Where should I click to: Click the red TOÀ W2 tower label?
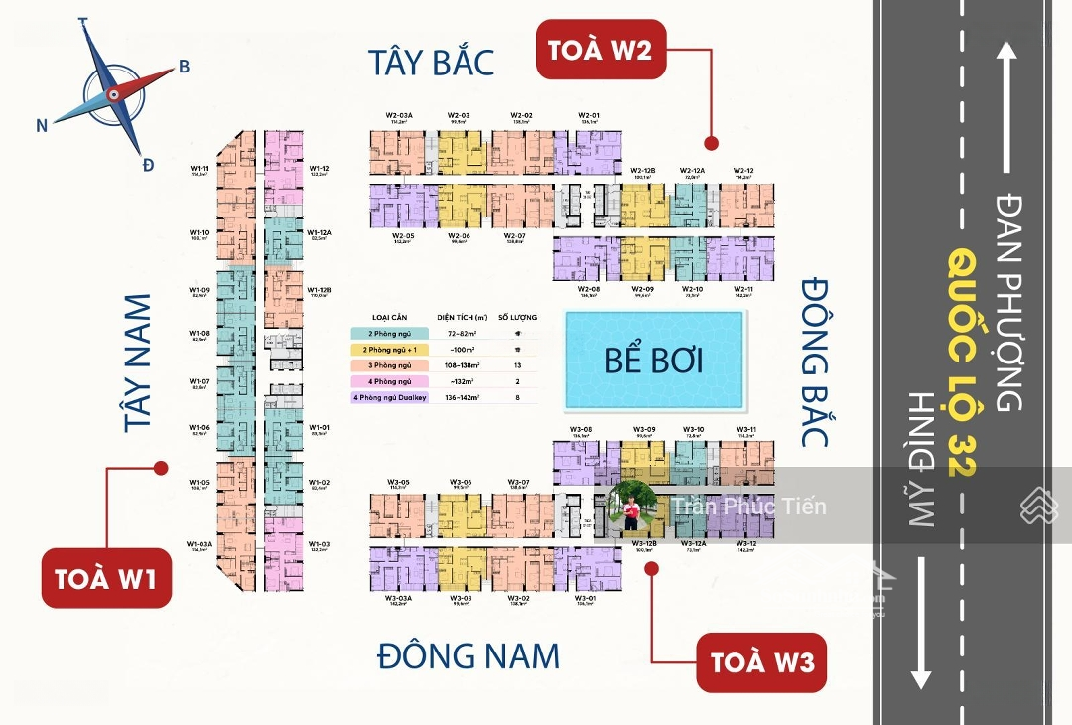[600, 49]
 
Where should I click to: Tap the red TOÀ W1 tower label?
[106, 578]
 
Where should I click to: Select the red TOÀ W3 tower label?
[761, 662]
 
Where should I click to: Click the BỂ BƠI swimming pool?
[654, 360]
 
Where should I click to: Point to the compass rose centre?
[113, 95]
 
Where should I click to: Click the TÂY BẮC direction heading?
[431, 62]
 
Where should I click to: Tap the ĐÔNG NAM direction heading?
[469, 656]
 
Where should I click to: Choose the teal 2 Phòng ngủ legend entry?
[390, 332]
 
